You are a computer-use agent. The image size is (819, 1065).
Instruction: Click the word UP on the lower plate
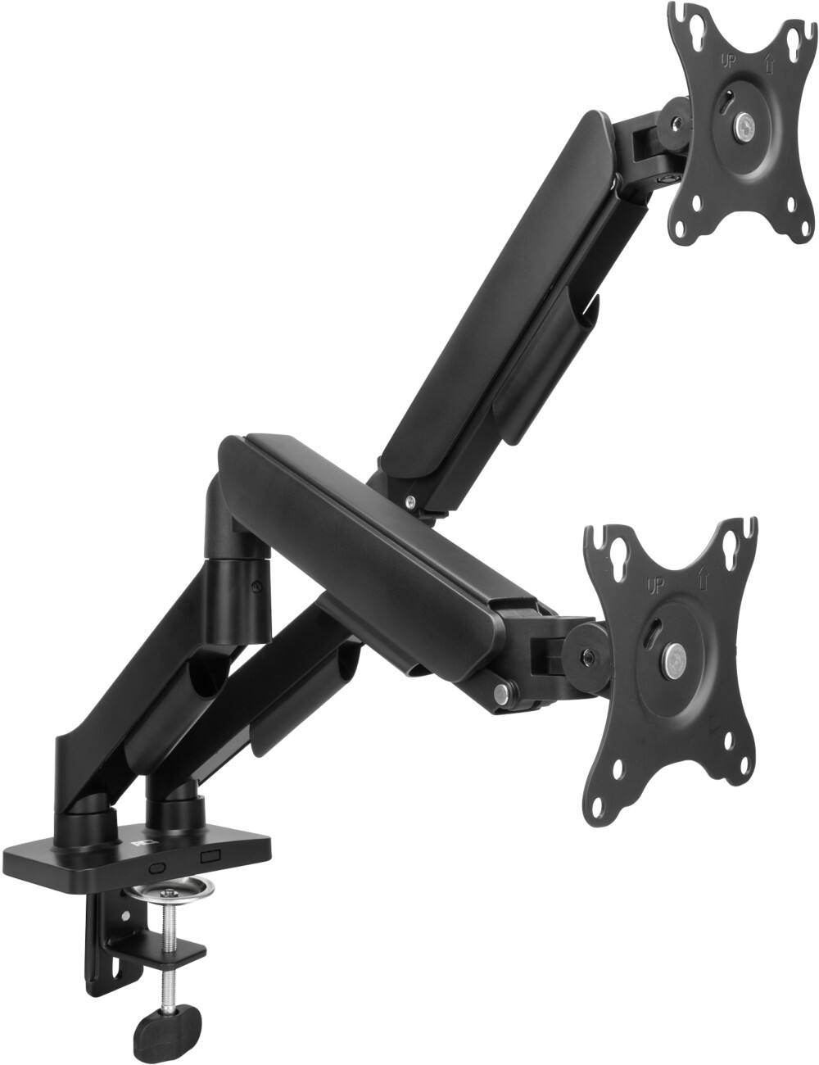[655, 586]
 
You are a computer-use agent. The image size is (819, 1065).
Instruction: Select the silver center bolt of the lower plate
[674, 656]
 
